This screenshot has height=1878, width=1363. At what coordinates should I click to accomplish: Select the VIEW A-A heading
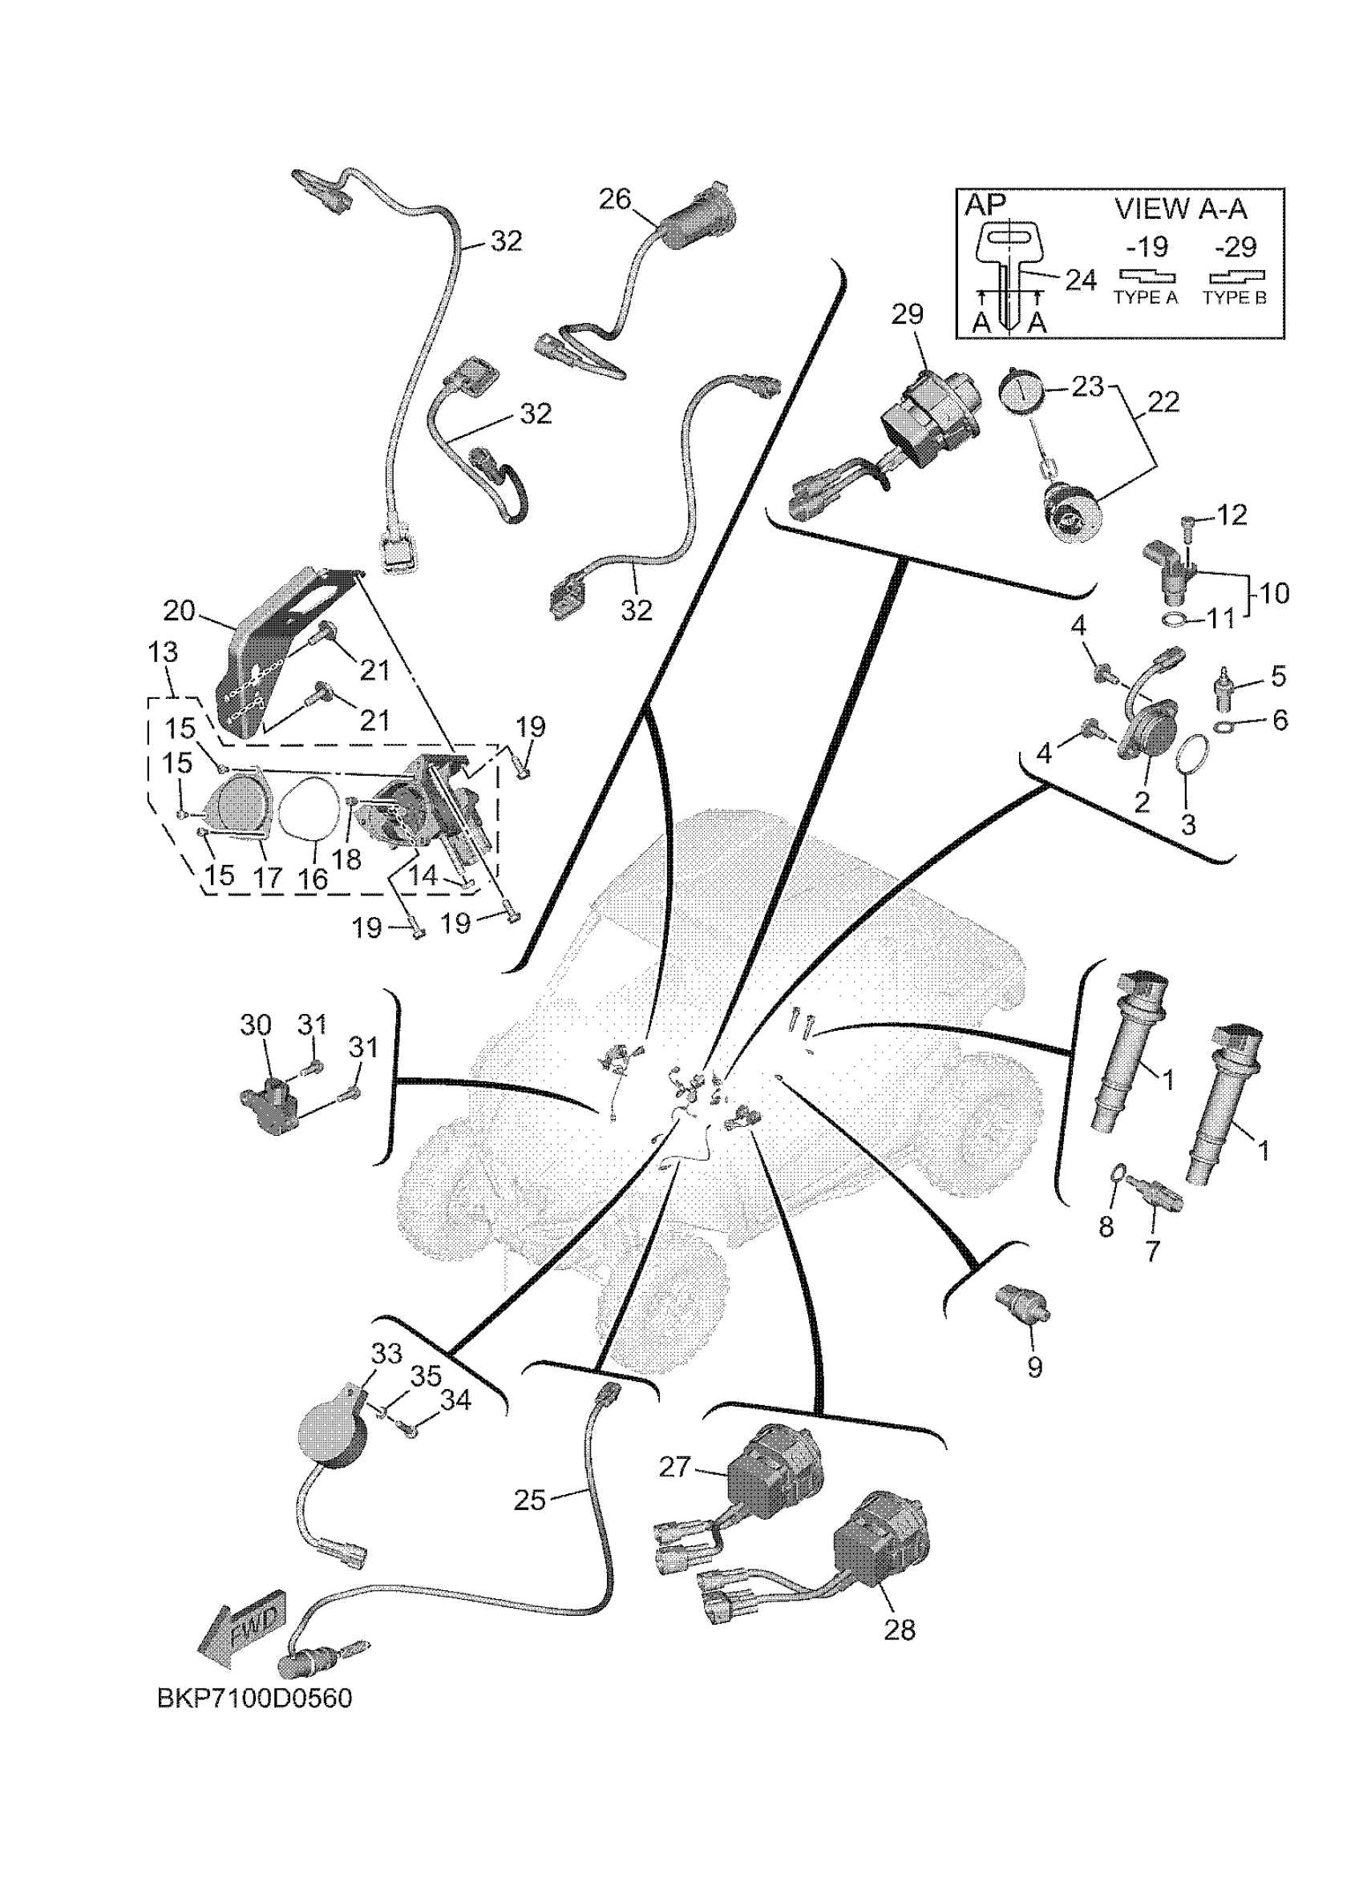tap(1180, 208)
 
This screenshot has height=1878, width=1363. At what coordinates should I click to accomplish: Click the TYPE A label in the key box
tap(1145, 298)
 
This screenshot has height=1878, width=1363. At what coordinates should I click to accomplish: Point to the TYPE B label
tap(1235, 298)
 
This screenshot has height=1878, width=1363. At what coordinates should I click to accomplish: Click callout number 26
tap(614, 200)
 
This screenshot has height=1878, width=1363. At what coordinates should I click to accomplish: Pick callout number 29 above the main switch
tap(908, 315)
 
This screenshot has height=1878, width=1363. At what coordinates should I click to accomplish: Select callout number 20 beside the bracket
tap(179, 612)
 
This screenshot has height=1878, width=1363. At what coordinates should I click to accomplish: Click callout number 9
tap(1034, 1367)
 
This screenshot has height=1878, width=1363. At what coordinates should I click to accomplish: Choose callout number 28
tap(900, 1630)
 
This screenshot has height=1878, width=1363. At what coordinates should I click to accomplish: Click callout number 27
tap(675, 1468)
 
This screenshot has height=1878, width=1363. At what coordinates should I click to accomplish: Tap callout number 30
tap(255, 1024)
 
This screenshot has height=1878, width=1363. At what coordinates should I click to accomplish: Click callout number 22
tap(1164, 402)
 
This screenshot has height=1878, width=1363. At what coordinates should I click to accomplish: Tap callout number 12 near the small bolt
tap(1232, 515)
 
